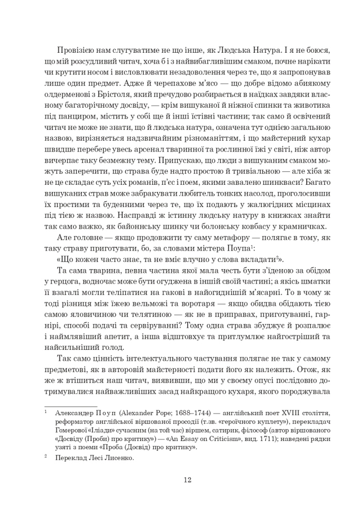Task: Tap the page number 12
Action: pos(187,479)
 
